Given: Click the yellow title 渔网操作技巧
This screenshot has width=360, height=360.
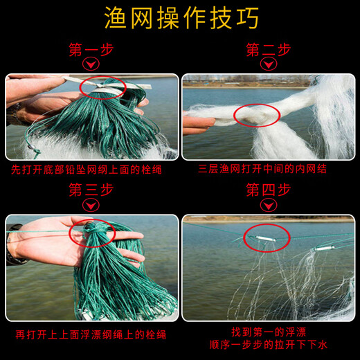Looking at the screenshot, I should point(180,19).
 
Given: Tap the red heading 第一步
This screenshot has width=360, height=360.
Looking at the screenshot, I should point(91,50).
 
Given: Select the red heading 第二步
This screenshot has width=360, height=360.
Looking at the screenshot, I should point(268,50).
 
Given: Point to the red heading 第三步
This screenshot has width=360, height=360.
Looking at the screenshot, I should point(91,190).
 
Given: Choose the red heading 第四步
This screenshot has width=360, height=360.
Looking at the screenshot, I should point(268,190).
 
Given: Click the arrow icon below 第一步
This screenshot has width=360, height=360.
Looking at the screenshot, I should point(91,65).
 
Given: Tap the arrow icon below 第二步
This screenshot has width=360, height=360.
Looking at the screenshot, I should point(268,65).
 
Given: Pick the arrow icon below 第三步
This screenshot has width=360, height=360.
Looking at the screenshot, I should point(91,205).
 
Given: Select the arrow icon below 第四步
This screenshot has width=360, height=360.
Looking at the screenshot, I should point(268,205).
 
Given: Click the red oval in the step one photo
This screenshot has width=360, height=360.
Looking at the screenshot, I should point(102,88).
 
